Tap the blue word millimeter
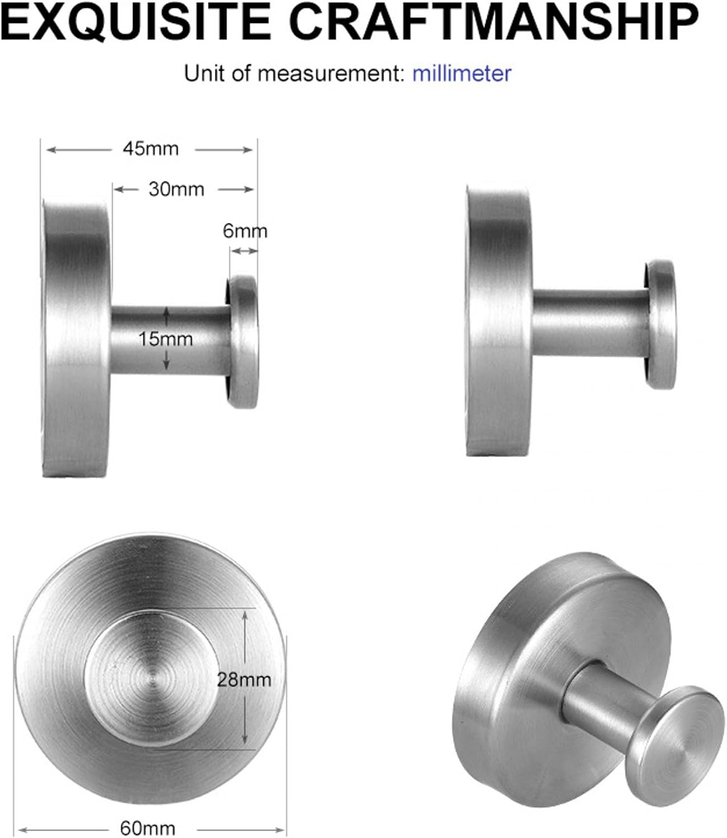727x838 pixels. click(x=462, y=74)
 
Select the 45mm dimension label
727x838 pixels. click(x=151, y=149)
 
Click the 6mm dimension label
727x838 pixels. click(x=245, y=231)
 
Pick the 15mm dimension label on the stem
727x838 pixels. click(x=166, y=339)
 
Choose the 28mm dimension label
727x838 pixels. click(x=245, y=679)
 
